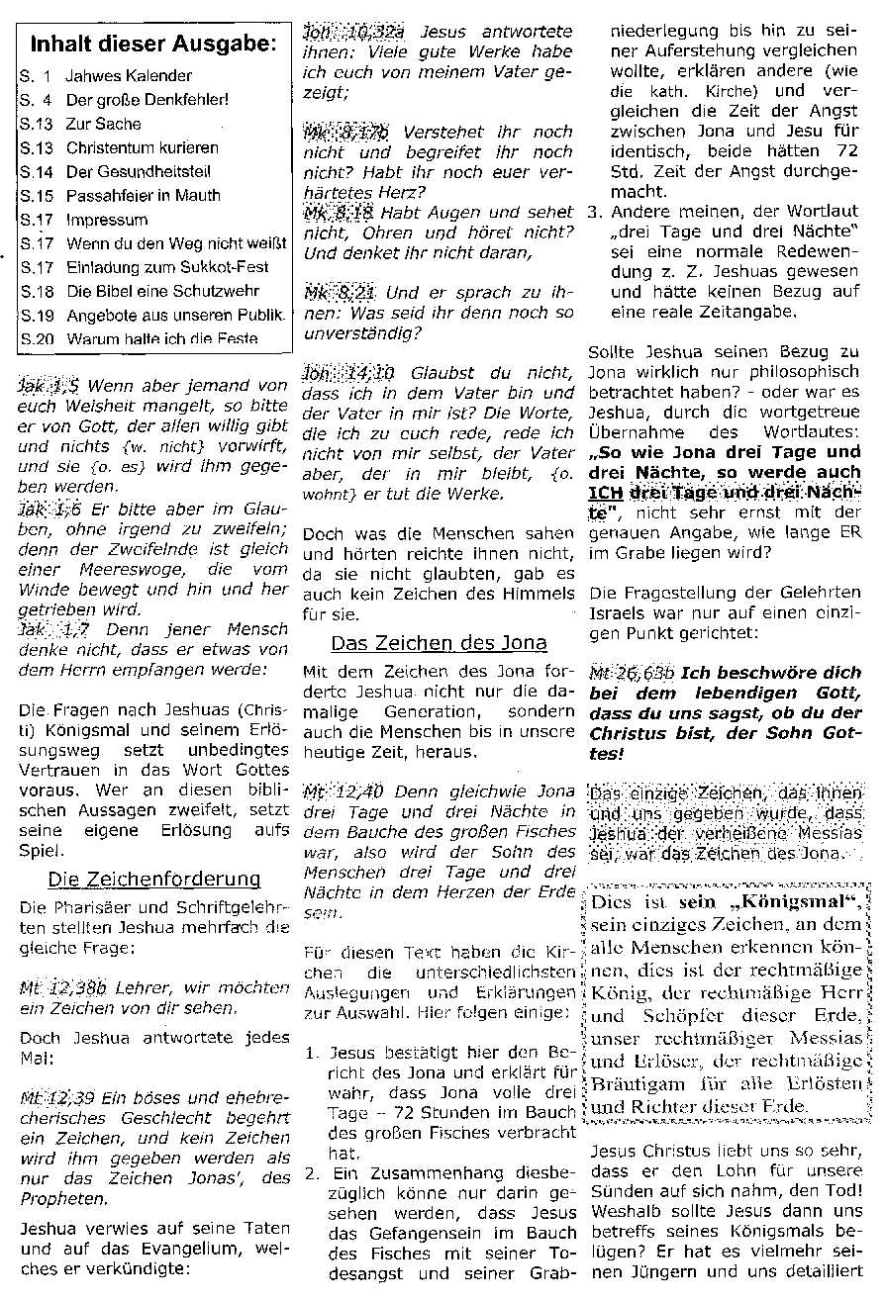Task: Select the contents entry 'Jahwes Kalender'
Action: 129,75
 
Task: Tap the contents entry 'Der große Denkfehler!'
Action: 147,100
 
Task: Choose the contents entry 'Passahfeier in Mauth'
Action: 144,195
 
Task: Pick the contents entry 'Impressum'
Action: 107,220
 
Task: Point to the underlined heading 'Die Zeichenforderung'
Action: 153,879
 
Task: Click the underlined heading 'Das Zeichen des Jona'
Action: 439,643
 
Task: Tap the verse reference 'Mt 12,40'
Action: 333,791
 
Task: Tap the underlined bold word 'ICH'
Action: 605,493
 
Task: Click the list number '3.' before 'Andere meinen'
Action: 594,212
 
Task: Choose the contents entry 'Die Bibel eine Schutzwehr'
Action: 163,291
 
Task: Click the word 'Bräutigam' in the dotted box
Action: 635,1083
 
